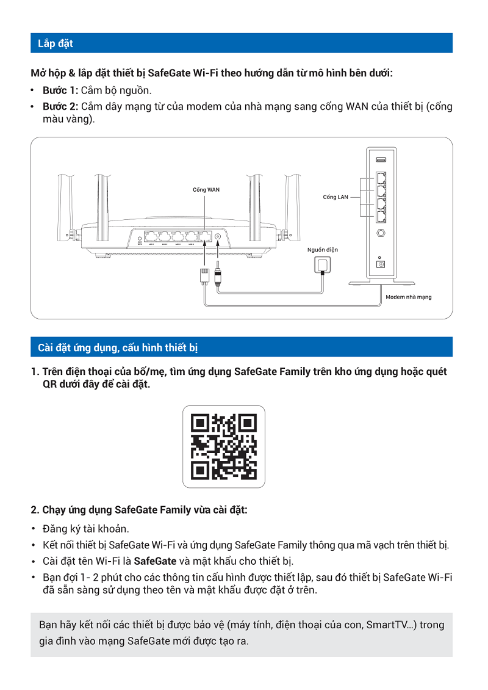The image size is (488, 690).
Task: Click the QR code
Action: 224,446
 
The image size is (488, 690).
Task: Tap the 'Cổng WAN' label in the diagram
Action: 206,190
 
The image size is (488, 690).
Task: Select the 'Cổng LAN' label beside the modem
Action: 335,197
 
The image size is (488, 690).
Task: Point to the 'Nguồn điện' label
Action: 323,250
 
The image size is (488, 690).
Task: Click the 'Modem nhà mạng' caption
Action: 408,297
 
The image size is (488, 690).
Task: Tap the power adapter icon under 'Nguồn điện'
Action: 322,265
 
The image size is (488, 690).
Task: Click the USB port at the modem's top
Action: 381,160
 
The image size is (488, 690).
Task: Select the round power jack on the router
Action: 218,236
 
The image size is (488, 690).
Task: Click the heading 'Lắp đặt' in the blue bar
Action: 56,43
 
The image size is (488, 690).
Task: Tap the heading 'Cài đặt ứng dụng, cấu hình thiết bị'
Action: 118,347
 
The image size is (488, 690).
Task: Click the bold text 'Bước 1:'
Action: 60,91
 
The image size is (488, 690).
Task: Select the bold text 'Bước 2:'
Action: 60,106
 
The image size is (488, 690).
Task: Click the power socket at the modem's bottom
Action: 382,264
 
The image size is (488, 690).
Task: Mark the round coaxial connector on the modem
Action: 381,233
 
